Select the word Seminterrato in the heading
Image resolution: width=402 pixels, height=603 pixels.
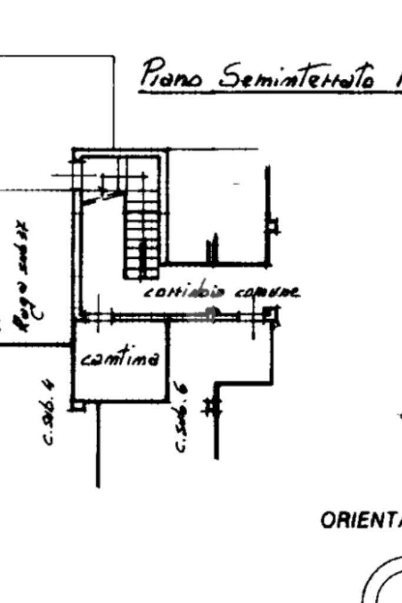tap(295, 76)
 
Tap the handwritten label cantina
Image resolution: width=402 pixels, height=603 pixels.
tap(119, 358)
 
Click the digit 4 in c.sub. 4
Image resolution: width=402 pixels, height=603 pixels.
tap(51, 386)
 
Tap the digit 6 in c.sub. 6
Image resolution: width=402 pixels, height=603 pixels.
tap(182, 389)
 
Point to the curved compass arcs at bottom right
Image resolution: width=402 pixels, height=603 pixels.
tap(383, 582)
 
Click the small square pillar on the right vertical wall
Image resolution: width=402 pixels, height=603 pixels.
tap(273, 224)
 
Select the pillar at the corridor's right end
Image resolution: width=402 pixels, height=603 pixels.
tap(271, 315)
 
